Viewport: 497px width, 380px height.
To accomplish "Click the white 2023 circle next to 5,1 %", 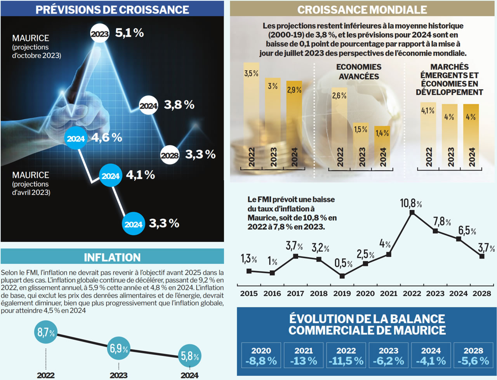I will coord(100,34).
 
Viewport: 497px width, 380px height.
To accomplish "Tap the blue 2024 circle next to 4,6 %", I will coord(76,139).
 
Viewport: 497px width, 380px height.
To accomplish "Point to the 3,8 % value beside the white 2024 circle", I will coord(179,105).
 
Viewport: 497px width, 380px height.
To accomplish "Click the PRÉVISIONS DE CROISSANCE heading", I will coord(112,9).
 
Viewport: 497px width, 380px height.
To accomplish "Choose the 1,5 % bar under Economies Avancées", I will coord(361,144).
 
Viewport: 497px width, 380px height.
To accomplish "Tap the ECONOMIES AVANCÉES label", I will coord(359,72).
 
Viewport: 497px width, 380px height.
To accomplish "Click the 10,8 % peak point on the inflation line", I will coord(412,213).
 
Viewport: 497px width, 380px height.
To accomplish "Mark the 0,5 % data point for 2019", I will coord(342,276).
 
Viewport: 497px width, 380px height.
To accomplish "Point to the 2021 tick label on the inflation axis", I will coord(389,294).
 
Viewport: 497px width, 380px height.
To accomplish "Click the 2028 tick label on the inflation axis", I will coord(482,294).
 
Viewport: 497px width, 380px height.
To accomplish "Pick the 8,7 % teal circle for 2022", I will coord(46,332).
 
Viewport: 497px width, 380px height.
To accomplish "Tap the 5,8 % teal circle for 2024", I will coord(190,356).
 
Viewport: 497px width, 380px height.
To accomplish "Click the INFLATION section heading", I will coord(112,257).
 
